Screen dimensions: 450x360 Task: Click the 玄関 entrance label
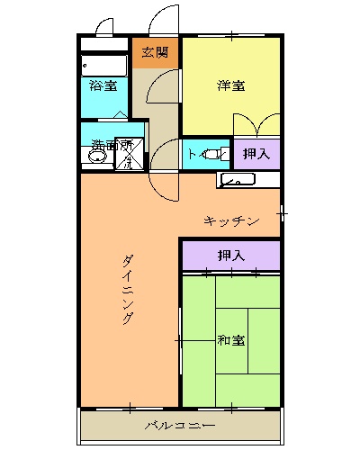(x=155, y=52)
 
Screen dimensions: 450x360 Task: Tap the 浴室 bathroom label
(x=103, y=86)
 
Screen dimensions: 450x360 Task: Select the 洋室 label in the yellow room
(x=232, y=86)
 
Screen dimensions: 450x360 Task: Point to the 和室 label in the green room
(x=231, y=340)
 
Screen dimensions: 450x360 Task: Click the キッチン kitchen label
(x=231, y=220)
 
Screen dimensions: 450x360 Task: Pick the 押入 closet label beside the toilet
(x=256, y=154)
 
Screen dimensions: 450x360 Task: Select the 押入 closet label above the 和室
(x=231, y=256)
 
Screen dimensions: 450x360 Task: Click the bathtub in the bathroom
(x=103, y=66)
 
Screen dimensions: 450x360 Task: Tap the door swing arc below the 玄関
(x=162, y=90)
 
